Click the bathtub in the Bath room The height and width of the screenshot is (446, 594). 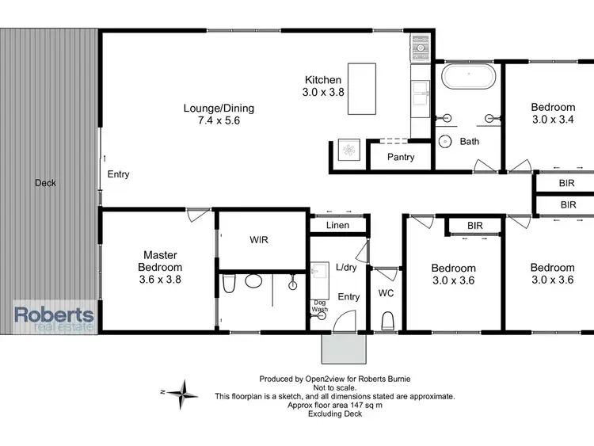[468, 78]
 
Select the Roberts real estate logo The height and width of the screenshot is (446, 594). [55, 316]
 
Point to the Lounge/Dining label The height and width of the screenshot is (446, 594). [219, 109]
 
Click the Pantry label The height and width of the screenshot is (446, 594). [401, 157]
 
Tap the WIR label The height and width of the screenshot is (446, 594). [258, 239]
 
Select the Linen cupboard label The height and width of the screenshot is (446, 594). [337, 227]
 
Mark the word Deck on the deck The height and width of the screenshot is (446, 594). [45, 183]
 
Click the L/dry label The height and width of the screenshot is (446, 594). [347, 268]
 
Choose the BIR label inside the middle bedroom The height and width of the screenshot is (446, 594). [474, 226]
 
